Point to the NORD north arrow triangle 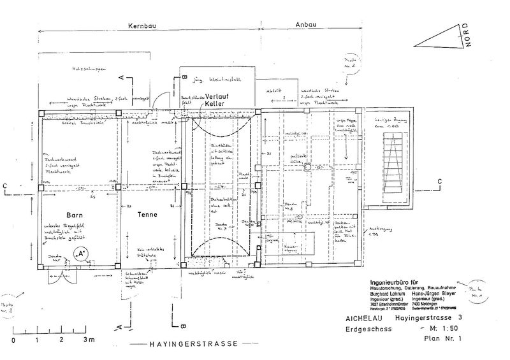click(444, 37)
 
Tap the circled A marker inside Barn click(81, 255)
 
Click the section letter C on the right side click(439, 182)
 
